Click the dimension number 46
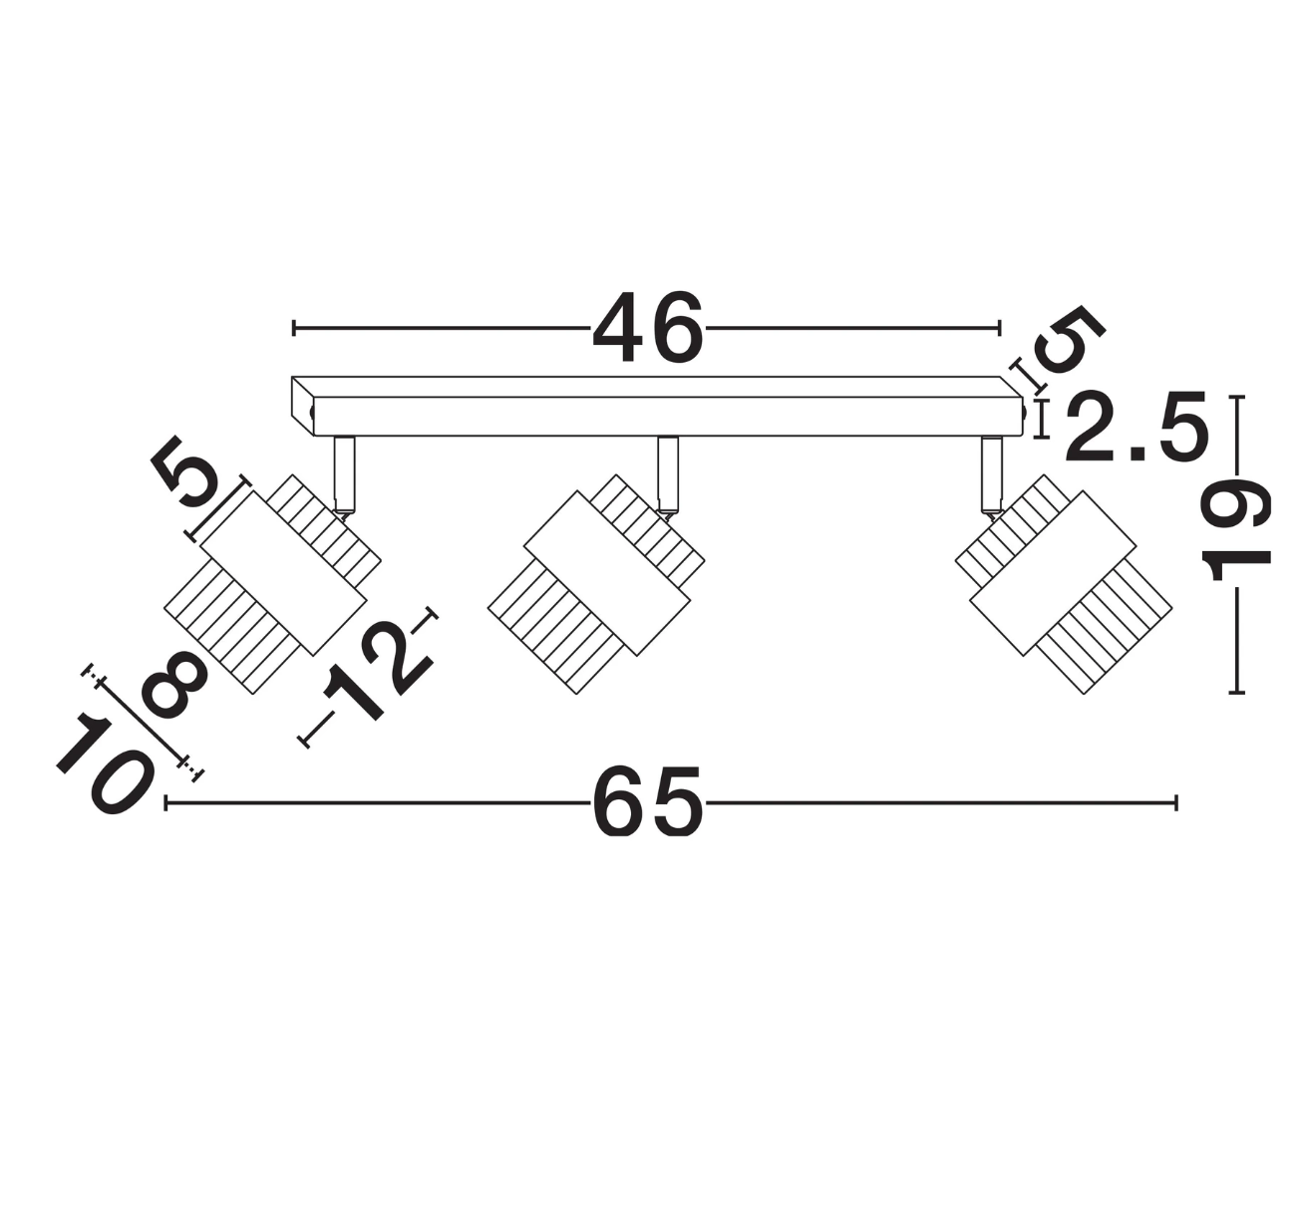(648, 327)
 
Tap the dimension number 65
(648, 802)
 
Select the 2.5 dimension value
(1138, 426)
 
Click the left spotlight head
(272, 583)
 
